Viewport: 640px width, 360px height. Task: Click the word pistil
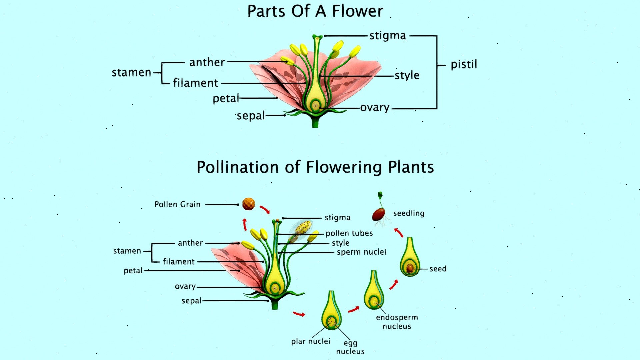pyautogui.click(x=464, y=64)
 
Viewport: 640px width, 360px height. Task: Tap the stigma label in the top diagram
pyautogui.click(x=388, y=36)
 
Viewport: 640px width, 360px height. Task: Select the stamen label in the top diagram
pyautogui.click(x=131, y=72)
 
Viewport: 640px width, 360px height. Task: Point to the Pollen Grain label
pyautogui.click(x=177, y=204)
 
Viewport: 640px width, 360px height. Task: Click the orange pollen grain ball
pyautogui.click(x=248, y=204)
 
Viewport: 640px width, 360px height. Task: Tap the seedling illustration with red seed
pyautogui.click(x=380, y=209)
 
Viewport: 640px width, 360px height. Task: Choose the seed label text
pyautogui.click(x=438, y=269)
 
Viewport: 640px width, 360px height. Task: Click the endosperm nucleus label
pyautogui.click(x=397, y=322)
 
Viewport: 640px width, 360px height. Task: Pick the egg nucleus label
pyautogui.click(x=350, y=347)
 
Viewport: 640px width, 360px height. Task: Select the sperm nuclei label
pyautogui.click(x=361, y=252)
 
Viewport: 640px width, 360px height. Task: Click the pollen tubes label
pyautogui.click(x=349, y=233)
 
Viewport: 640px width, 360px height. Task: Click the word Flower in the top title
pyautogui.click(x=358, y=11)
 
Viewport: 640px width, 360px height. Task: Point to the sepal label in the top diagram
pyautogui.click(x=251, y=116)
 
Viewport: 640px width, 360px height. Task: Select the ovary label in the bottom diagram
pyautogui.click(x=185, y=286)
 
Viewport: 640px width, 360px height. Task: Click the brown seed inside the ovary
pyautogui.click(x=410, y=268)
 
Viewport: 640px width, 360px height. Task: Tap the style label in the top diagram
pyautogui.click(x=407, y=75)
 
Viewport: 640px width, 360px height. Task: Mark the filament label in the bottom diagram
pyautogui.click(x=179, y=262)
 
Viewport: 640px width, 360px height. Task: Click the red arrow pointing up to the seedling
pyautogui.click(x=399, y=232)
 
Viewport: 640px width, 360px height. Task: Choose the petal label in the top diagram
pyautogui.click(x=226, y=98)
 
